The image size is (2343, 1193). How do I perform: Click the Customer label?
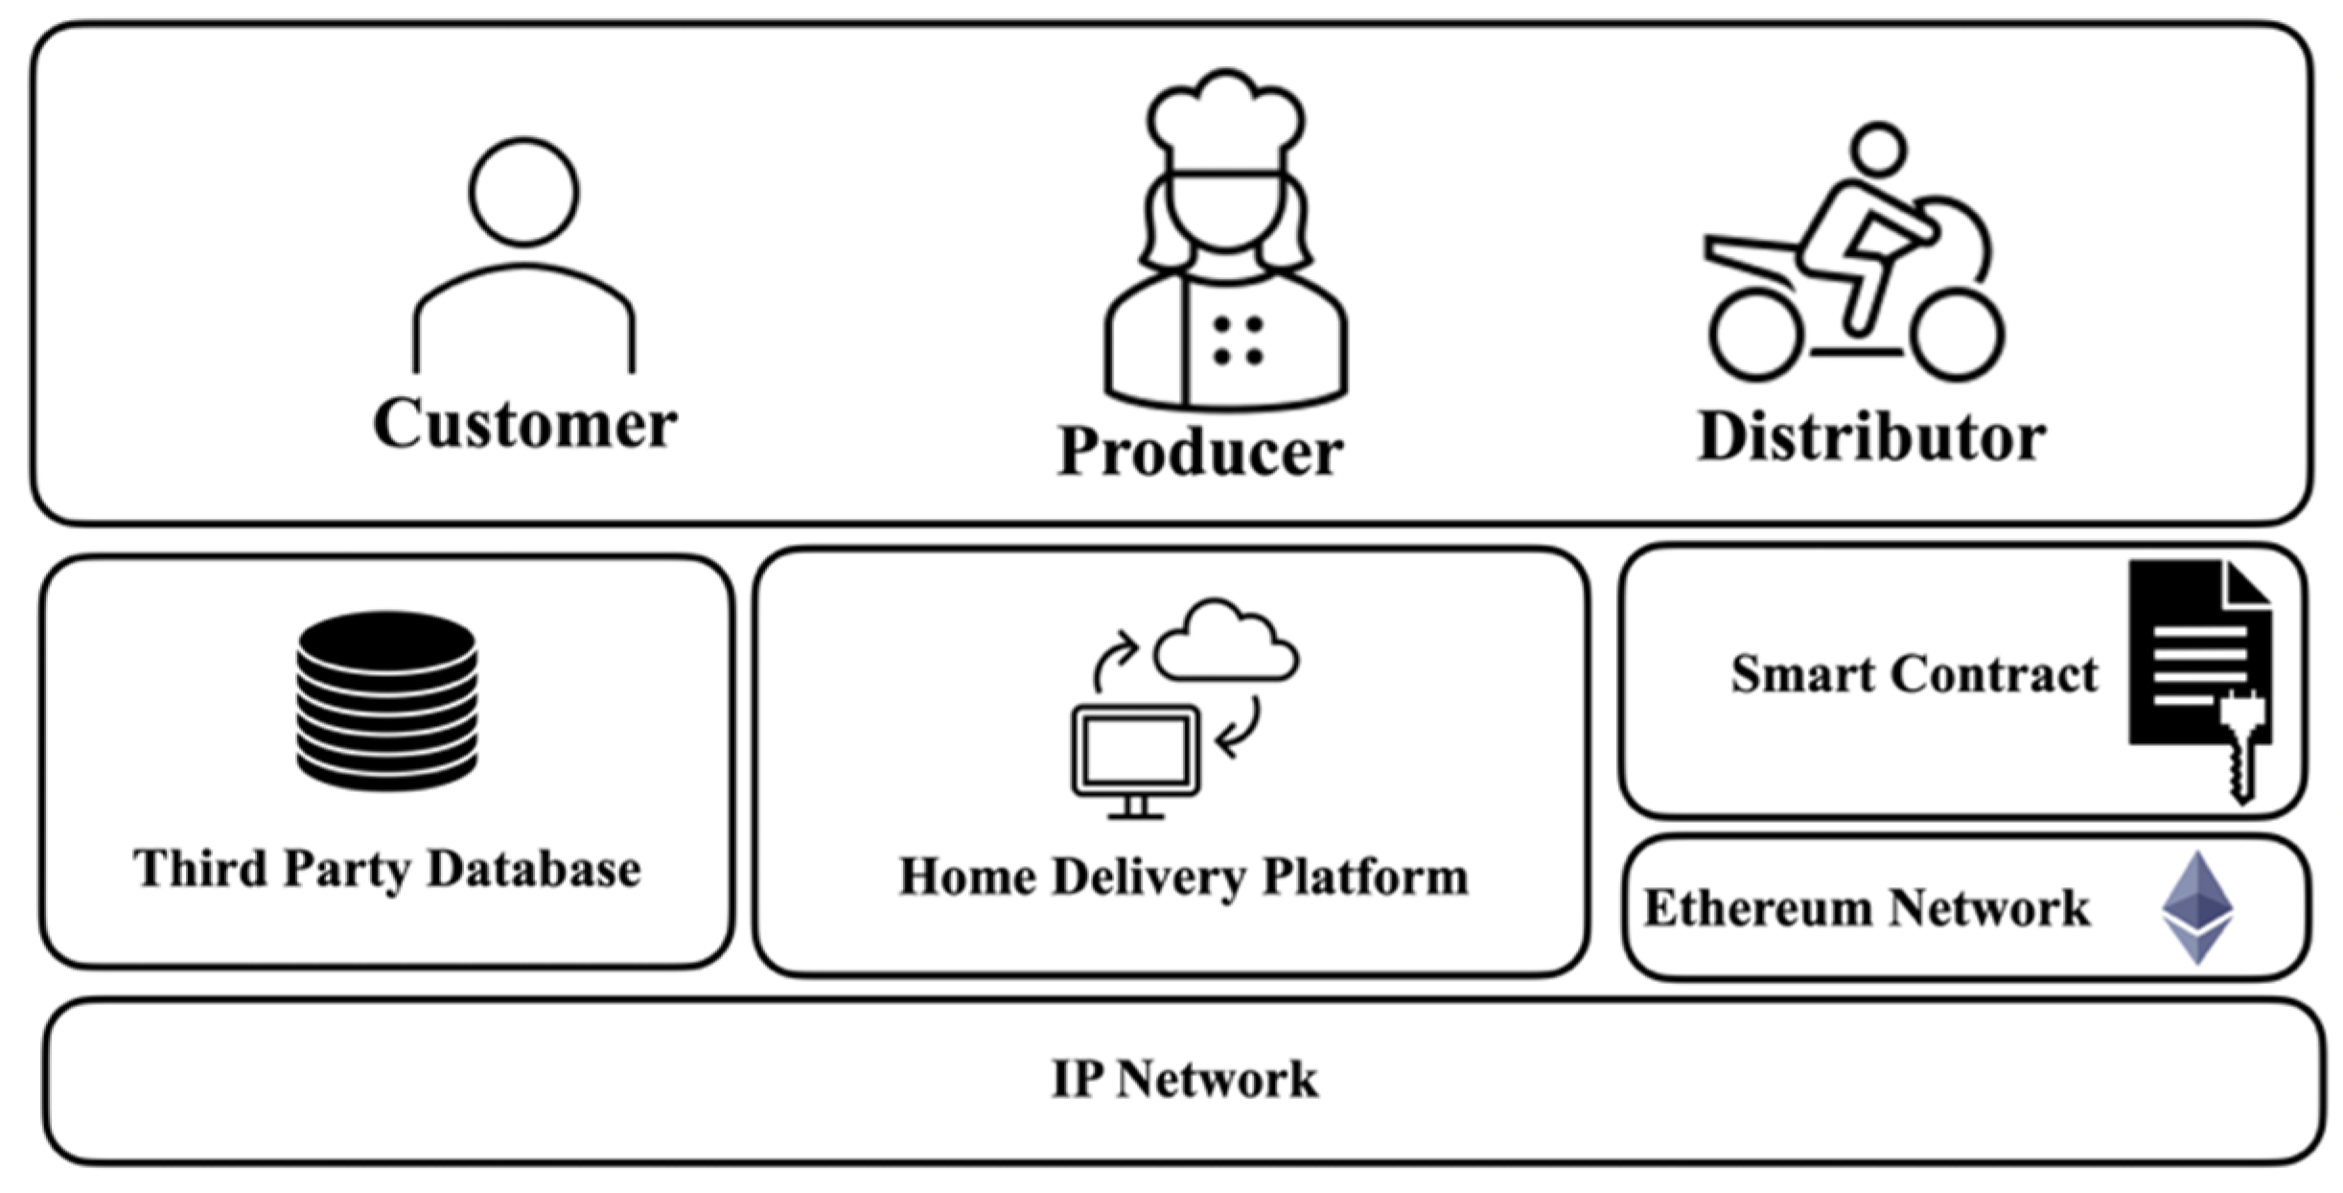(524, 423)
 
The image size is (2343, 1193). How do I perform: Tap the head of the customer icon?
(524, 191)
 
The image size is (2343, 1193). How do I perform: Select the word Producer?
(1199, 451)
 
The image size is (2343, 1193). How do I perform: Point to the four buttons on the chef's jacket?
(1238, 340)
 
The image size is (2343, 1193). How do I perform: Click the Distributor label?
(1871, 437)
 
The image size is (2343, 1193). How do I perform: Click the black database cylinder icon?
(387, 700)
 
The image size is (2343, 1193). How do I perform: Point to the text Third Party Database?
(387, 869)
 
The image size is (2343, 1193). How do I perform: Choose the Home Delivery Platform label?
(1184, 877)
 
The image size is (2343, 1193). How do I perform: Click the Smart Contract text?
(1914, 673)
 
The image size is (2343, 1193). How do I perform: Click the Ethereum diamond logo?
(2197, 907)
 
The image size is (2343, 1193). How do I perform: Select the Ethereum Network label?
(1867, 907)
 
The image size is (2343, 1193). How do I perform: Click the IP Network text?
(1184, 1079)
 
